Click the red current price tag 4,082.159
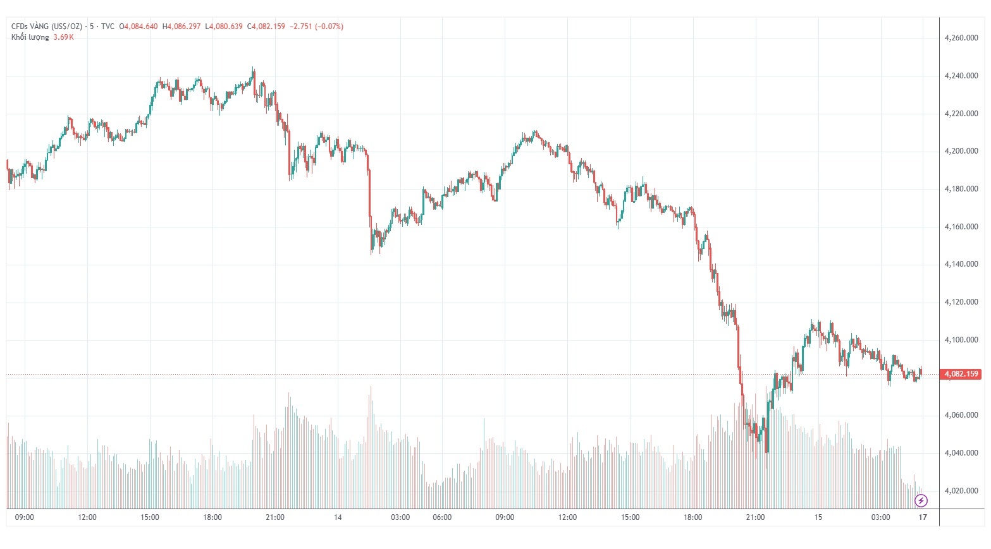(961, 374)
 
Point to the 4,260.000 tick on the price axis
(961, 38)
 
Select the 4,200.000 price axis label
(961, 151)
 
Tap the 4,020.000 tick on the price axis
(961, 491)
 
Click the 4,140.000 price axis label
(961, 264)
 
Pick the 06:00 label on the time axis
(442, 517)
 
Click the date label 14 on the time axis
(338, 517)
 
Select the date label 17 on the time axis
(923, 517)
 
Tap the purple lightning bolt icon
(921, 501)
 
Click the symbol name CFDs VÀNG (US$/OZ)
(47, 27)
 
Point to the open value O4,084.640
(138, 27)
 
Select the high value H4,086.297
(182, 27)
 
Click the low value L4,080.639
(224, 27)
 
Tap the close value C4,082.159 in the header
(266, 27)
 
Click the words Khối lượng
(30, 37)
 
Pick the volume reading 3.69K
(63, 37)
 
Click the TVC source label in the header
(108, 27)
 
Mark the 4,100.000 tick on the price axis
(961, 340)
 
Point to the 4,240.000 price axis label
(961, 76)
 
